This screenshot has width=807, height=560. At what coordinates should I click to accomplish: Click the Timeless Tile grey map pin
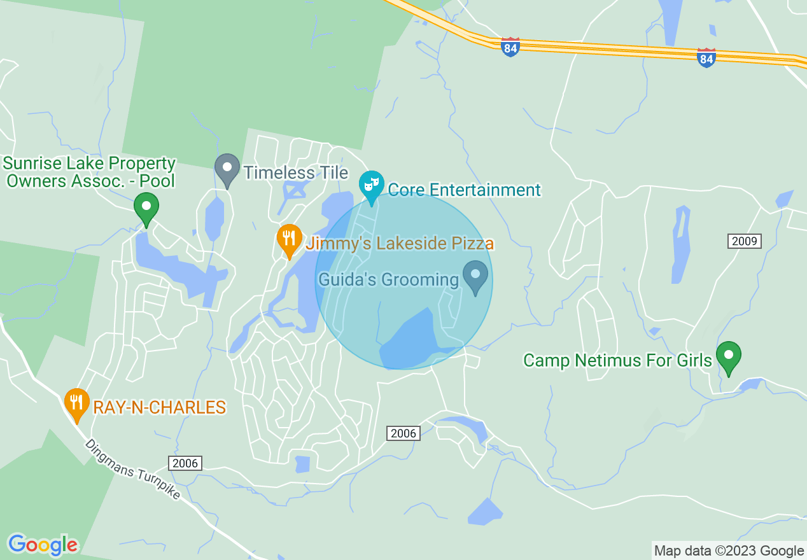[227, 169]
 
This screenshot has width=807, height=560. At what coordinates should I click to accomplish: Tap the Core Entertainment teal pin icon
[371, 185]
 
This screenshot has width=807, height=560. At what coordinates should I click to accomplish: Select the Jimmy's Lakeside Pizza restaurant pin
[289, 239]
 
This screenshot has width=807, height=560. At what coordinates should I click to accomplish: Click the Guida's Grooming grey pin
[475, 276]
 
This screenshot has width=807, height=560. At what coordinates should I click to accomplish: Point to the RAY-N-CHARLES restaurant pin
[76, 403]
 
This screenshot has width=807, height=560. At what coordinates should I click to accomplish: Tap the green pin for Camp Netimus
[728, 356]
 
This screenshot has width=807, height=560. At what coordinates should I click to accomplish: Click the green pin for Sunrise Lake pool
[146, 207]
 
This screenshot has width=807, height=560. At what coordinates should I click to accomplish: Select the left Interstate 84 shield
[510, 47]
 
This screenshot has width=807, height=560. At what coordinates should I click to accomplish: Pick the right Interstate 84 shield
[706, 57]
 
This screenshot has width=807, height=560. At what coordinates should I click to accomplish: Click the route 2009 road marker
[744, 241]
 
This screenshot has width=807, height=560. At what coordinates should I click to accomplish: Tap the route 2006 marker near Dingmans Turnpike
[185, 463]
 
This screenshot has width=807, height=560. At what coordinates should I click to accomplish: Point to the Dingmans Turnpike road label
[132, 470]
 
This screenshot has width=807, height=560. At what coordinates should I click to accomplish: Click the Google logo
[43, 545]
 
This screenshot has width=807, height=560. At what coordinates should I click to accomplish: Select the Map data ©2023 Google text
[729, 551]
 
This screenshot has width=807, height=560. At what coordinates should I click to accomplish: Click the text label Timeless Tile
[296, 172]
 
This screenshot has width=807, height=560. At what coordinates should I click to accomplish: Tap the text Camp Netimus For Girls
[617, 361]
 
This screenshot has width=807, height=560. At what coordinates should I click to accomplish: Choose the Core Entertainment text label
[464, 190]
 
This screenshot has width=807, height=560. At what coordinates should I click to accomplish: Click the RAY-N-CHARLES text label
[160, 407]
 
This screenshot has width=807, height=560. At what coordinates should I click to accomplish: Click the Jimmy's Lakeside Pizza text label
[400, 243]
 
